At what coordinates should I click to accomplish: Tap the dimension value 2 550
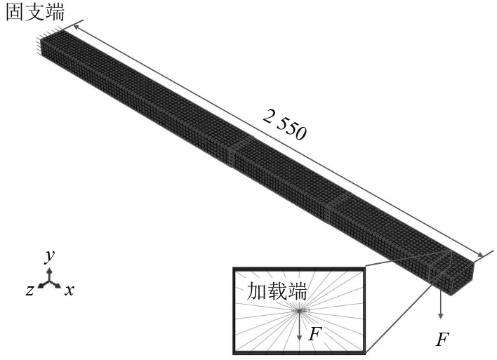click(x=284, y=124)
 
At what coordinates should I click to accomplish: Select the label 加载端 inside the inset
click(x=277, y=291)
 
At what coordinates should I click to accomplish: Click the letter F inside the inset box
click(x=315, y=334)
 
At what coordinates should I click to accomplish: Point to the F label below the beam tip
click(x=442, y=340)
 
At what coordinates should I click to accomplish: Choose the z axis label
click(x=29, y=290)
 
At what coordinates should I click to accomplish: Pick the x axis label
click(x=69, y=290)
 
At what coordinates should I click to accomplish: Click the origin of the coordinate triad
click(x=49, y=281)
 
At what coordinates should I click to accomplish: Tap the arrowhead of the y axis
click(x=49, y=271)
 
